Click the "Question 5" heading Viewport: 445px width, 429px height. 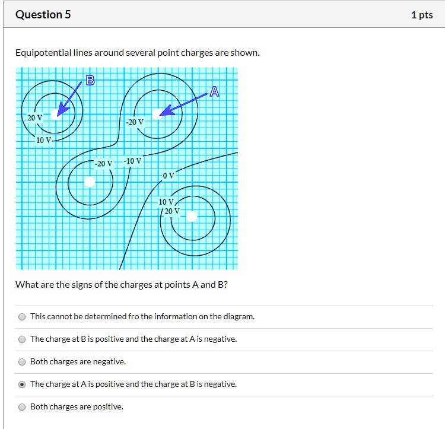coord(43,15)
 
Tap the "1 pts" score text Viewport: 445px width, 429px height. coord(421,15)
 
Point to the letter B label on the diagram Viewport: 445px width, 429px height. coord(90,81)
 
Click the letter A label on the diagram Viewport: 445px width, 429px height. coord(214,91)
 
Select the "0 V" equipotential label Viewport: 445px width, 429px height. coord(169,176)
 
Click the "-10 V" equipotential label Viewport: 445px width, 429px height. coord(132,161)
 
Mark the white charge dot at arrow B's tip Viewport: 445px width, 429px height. coord(55,114)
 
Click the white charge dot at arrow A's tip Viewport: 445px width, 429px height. coord(157,113)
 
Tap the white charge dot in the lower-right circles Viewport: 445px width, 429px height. coord(192,217)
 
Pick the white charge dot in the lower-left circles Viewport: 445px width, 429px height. coord(89,181)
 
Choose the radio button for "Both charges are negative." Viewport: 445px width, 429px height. coord(22,362)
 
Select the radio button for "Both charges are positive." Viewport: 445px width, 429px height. coord(22,407)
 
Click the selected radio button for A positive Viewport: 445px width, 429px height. coord(22,384)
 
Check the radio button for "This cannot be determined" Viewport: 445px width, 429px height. coord(22,317)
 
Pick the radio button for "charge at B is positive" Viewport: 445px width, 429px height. coord(22,339)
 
